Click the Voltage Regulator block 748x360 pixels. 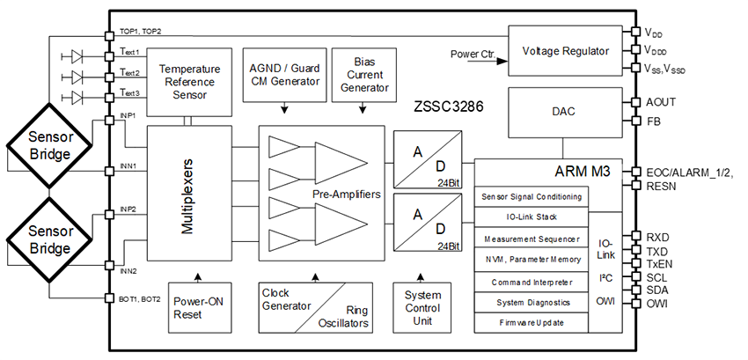[x=565, y=51]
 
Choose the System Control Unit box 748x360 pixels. [x=421, y=306]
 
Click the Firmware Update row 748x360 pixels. [x=531, y=323]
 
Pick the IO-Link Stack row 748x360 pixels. [x=531, y=217]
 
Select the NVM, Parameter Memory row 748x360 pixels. [x=531, y=260]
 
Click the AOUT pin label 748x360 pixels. [x=660, y=102]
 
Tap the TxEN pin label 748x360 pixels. [x=659, y=262]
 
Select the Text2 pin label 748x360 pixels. [x=130, y=74]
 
